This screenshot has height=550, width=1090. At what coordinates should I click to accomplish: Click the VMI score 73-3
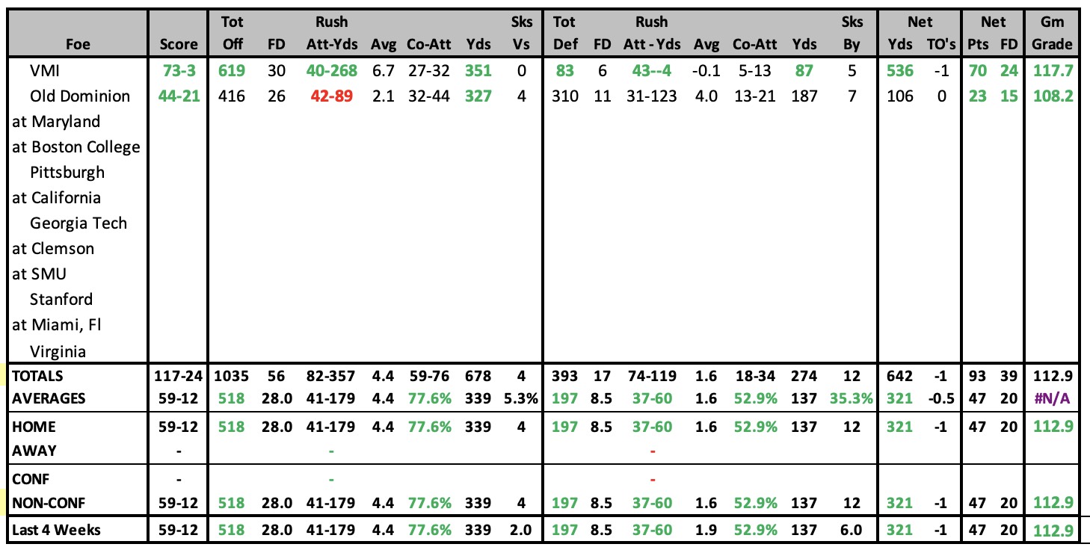pos(179,71)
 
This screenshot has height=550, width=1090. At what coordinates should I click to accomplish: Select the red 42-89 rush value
pos(331,96)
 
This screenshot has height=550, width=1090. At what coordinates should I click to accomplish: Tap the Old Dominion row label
pos(80,96)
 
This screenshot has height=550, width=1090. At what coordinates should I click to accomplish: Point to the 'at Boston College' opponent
pos(76,147)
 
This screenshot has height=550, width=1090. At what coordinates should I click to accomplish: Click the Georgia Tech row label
pos(78,223)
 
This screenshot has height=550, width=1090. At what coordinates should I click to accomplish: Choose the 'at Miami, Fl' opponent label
pos(57,325)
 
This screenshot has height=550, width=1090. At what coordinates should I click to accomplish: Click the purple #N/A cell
pos(1052,399)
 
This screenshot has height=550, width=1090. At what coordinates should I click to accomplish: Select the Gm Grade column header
pos(1052,33)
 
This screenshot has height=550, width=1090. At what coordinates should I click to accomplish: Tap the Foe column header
pos(78,44)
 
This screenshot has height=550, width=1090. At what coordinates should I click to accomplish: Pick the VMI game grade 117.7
pos(1053,71)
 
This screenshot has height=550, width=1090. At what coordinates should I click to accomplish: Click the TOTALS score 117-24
pos(178,376)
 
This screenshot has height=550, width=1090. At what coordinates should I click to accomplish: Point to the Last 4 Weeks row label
pos(56,530)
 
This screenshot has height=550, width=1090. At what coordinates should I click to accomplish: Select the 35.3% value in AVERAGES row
pos(851,399)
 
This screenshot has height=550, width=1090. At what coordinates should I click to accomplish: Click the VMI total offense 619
pos(231,71)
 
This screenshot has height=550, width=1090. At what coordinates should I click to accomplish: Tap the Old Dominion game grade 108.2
pos(1053,96)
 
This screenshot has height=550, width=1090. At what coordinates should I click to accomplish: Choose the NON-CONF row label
pos(49,503)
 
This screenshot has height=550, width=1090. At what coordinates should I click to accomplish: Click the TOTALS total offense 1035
pos(231,376)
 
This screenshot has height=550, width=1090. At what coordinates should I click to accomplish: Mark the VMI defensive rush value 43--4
pos(652,71)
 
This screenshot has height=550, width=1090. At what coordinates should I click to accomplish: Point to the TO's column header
pos(941,44)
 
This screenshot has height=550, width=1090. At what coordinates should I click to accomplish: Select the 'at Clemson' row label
pos(53,249)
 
